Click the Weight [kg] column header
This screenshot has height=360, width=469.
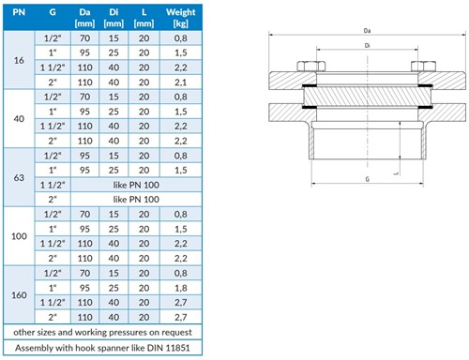[x=181, y=18]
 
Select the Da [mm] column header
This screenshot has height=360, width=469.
[x=84, y=18]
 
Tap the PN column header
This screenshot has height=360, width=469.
[x=19, y=12]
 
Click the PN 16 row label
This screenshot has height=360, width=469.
[x=19, y=60]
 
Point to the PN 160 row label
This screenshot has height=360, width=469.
[x=19, y=295]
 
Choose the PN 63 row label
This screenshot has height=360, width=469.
[x=19, y=177]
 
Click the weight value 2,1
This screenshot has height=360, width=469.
[x=181, y=82]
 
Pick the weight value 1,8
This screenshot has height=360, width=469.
[x=181, y=288]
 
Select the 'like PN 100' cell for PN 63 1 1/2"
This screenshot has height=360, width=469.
[x=136, y=185]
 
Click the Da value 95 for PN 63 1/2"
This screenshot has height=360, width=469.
[x=84, y=156]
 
